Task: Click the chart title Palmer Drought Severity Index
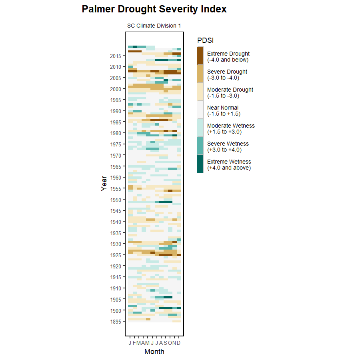[x=154, y=9]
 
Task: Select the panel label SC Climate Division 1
[x=154, y=26]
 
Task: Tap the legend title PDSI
[x=205, y=40]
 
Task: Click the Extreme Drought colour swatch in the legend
[x=200, y=56]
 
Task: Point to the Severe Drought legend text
[x=227, y=74]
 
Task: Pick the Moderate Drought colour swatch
[x=200, y=92]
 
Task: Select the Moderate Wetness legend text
[x=231, y=128]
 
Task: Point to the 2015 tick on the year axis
[x=116, y=56]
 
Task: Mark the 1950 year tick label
[x=116, y=200]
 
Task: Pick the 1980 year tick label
[x=116, y=133]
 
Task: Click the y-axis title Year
[x=104, y=184]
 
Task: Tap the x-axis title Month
[x=154, y=352]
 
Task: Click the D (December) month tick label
[x=179, y=343]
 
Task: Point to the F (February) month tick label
[x=134, y=343]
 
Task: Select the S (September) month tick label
[x=165, y=343]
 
